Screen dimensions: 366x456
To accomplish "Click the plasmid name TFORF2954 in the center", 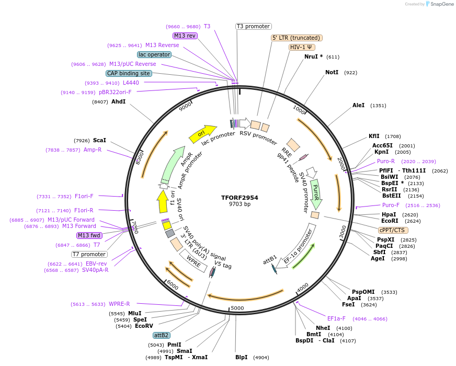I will (x=240, y=198).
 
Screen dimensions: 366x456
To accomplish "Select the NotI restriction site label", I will (x=332, y=72).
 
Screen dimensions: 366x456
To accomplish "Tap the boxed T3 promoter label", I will (x=253, y=26).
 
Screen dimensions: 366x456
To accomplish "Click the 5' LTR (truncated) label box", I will (x=297, y=38).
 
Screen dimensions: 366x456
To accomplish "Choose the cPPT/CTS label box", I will (x=393, y=230).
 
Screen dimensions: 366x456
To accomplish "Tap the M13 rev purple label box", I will (x=185, y=36).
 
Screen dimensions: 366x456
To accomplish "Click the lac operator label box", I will (x=154, y=54).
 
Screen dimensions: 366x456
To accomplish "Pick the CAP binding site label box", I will (x=129, y=73).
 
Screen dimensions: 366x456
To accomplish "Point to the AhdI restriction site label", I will (x=118, y=101).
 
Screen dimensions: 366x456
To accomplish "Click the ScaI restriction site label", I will (x=99, y=140).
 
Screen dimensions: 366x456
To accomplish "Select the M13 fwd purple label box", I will (x=89, y=235).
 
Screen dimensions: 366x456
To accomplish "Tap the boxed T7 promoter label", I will (x=89, y=254).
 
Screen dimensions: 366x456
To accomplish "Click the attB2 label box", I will (x=161, y=335).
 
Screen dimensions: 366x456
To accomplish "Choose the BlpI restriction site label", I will (x=241, y=358).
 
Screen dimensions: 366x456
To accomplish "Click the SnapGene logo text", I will (x=441, y=4).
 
